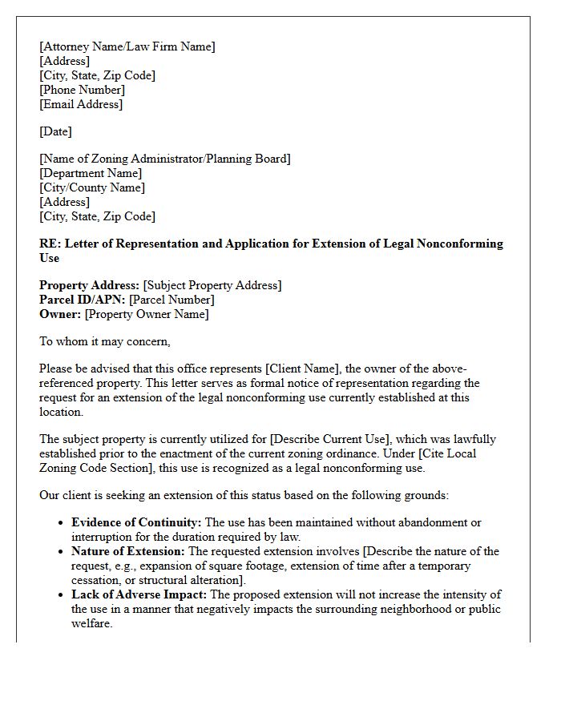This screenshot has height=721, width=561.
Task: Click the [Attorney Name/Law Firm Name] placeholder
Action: coord(127,46)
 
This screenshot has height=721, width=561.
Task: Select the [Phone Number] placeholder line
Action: coord(83,90)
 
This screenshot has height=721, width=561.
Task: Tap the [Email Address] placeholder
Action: coord(81,104)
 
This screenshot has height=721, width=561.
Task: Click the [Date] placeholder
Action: coord(55,131)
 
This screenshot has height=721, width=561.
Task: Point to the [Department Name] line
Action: coord(91,173)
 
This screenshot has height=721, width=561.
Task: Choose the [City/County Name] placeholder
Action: coord(92,187)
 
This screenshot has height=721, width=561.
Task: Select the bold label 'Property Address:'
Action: coord(90,285)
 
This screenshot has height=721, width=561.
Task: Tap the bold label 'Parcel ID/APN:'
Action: coord(83,300)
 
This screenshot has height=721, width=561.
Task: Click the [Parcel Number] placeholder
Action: coord(172,300)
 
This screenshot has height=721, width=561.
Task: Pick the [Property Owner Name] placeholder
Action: coord(147,314)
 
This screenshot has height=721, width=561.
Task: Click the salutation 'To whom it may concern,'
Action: coord(105,341)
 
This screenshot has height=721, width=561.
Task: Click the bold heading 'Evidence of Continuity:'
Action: coord(136,522)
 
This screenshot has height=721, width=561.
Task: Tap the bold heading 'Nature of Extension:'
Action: coord(128,551)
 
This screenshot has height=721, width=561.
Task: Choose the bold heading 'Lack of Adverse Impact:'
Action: coord(139,594)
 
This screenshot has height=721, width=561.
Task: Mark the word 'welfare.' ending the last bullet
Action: coord(92,623)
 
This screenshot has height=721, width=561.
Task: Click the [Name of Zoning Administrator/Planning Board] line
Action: coord(165,159)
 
